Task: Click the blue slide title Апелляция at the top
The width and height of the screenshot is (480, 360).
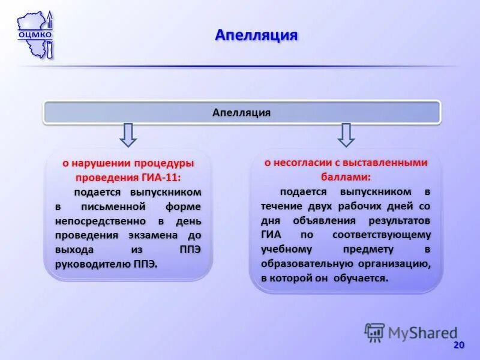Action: coord(256,35)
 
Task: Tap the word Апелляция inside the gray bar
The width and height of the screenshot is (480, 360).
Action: coord(242,112)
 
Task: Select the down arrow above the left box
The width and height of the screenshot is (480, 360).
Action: coord(128,134)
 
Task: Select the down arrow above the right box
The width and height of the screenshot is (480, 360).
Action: coord(346,134)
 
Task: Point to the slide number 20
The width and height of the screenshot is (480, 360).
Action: coord(459,344)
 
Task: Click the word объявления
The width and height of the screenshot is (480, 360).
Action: coord(312,220)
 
